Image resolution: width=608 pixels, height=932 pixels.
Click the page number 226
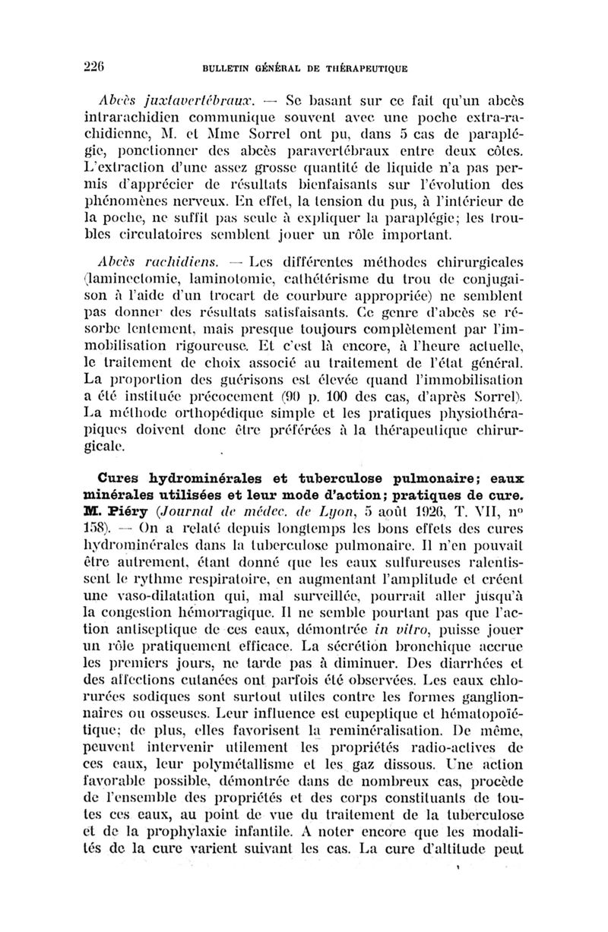pyautogui.click(x=109, y=67)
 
